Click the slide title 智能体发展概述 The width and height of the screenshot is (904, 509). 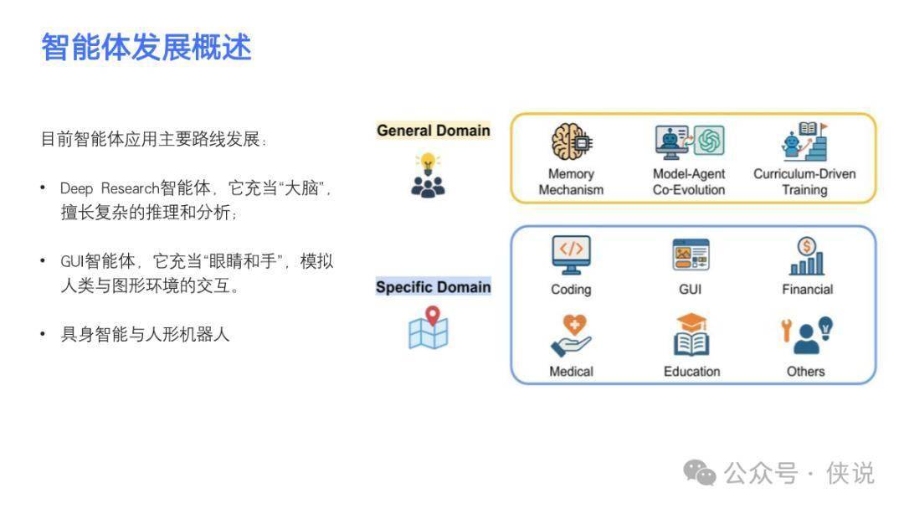146,47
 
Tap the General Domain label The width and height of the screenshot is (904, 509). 433,131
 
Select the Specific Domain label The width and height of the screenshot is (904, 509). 433,286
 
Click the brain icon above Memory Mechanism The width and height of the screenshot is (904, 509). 572,141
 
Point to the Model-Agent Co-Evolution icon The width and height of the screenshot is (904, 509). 690,141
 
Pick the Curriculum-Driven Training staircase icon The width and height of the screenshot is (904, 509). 805,141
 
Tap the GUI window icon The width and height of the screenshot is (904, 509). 691,254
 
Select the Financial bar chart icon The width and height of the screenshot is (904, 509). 807,256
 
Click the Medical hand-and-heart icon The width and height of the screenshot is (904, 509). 571,336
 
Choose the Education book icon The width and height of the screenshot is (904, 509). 691,334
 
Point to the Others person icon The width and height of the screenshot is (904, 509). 807,336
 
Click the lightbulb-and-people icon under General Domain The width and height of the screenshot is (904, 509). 428,175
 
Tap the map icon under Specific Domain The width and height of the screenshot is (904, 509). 429,327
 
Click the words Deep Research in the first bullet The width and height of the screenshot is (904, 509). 109,188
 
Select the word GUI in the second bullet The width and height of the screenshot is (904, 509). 72,262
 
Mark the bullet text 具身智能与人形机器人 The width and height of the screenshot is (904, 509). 146,334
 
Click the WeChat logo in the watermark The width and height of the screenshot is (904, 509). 699,473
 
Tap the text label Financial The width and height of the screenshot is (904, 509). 807,290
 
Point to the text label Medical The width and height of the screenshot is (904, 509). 571,372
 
